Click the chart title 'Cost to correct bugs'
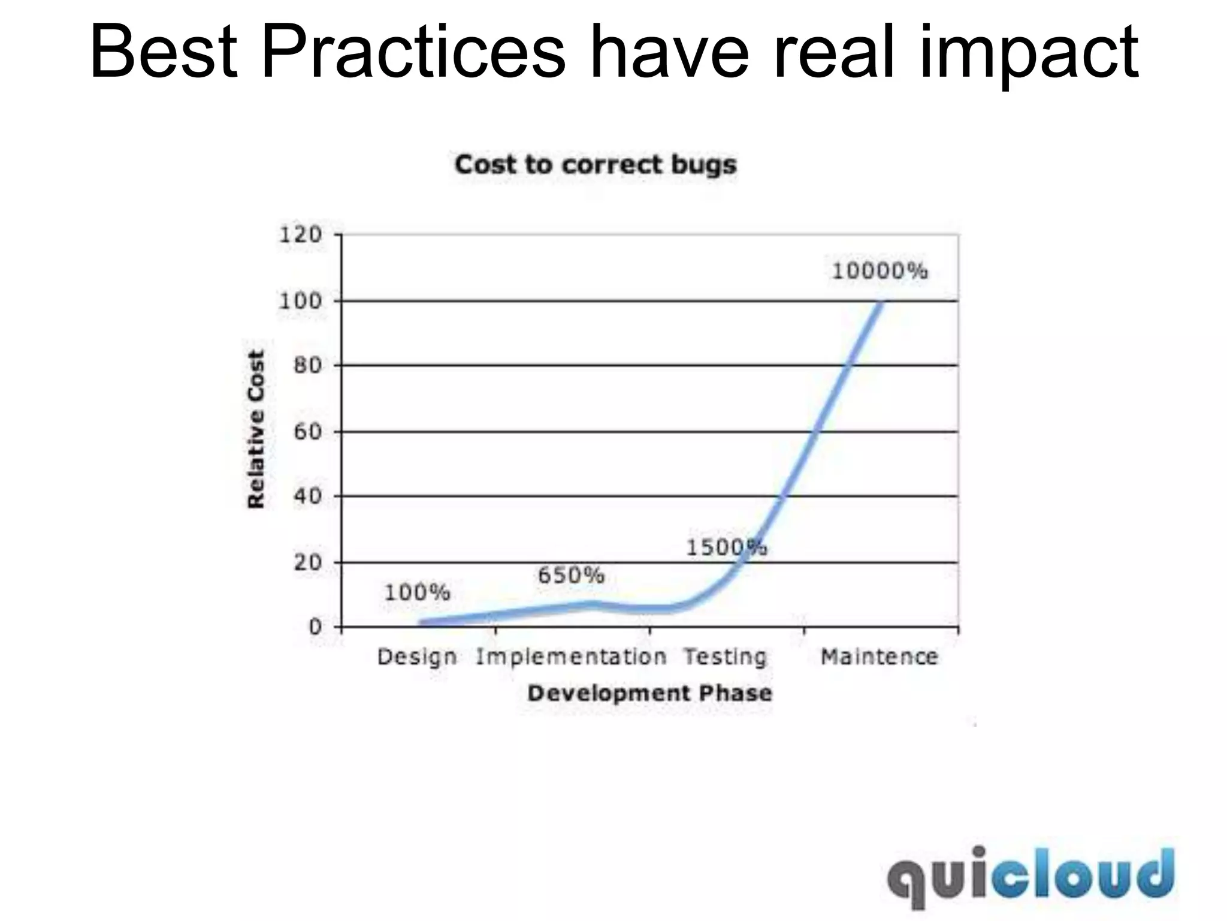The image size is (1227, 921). (x=596, y=165)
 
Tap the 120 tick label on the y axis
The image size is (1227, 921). (x=301, y=234)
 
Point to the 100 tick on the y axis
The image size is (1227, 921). (x=301, y=301)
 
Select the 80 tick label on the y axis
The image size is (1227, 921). (x=308, y=366)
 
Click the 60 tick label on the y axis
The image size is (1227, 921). (x=308, y=432)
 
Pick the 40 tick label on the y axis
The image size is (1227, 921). (x=308, y=496)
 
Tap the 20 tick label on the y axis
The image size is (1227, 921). (x=308, y=562)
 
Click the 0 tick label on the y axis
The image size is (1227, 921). (x=316, y=627)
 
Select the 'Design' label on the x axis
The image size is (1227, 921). (x=417, y=657)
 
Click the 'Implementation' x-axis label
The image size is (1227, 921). (x=571, y=657)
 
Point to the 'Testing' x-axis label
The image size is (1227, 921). (x=726, y=657)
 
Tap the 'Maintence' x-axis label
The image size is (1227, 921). (x=880, y=657)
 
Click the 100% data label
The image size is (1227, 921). (x=417, y=593)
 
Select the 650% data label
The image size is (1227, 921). (x=571, y=576)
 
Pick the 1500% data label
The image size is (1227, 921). (x=726, y=547)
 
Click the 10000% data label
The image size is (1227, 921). (x=880, y=272)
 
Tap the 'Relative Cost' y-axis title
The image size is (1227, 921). (x=256, y=429)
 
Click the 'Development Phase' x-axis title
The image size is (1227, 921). (x=650, y=694)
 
